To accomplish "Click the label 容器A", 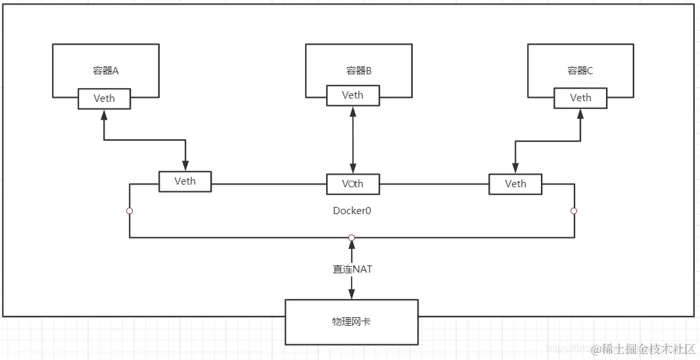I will coord(106,70).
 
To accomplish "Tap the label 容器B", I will coord(359,70).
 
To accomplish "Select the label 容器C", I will coord(580,70).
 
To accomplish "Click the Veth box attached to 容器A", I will coord(104,99).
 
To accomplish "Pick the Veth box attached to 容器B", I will coord(352,95).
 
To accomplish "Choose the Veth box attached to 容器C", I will coord(580,98).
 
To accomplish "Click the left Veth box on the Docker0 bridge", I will coord(185,181).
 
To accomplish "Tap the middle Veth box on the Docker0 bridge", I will coord(352,184).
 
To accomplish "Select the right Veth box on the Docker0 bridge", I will coord(515,184).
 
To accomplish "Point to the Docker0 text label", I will coord(352,211).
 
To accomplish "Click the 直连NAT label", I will coord(352,269).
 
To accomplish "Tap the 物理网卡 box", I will coord(352,322).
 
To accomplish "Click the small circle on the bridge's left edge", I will coord(129,211).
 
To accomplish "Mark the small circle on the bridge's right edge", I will coord(574,211).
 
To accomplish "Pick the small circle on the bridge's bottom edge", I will coord(352,237).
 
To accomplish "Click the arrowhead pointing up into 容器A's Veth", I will coord(104,114).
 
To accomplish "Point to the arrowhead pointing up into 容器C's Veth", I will coord(580,114).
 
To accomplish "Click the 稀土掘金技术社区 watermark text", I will coord(643,349).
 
